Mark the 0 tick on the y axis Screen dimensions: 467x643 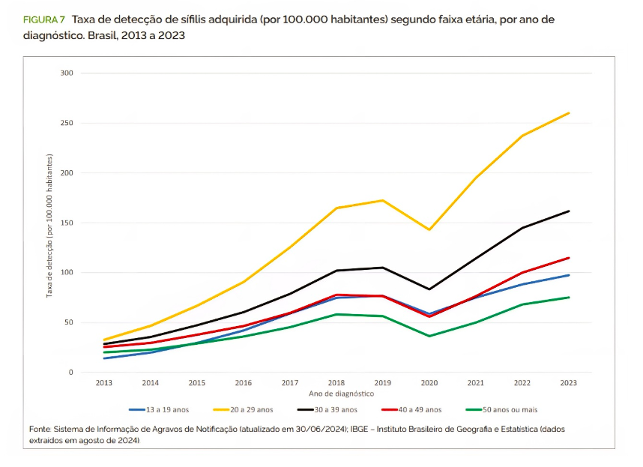70,373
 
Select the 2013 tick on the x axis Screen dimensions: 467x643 104,383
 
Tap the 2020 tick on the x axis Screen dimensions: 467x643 429,383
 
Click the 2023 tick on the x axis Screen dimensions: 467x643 569,383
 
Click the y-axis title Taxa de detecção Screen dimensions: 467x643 50,225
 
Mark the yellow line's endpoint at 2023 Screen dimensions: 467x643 569,113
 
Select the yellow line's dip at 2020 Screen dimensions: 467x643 429,229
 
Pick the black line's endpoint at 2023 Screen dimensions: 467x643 569,211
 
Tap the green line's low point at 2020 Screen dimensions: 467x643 429,336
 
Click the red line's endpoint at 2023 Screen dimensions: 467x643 569,258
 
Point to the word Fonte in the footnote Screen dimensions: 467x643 39,430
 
